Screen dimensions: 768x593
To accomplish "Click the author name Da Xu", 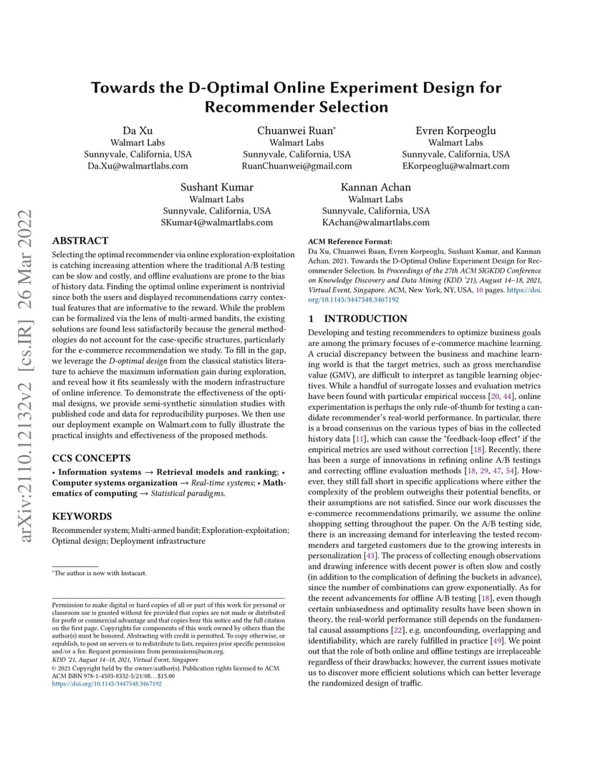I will (x=138, y=130).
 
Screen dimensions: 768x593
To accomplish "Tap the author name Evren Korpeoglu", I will (x=455, y=130).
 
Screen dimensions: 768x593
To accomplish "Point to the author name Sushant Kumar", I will (x=216, y=188).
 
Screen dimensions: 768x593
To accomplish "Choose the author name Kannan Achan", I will (x=376, y=188).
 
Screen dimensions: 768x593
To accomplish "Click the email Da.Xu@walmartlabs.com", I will (x=138, y=166).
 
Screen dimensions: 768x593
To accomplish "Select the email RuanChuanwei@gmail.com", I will (x=296, y=166).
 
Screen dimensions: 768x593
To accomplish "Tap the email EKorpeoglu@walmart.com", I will (x=455, y=166).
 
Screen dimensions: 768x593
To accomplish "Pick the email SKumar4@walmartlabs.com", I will (x=216, y=223).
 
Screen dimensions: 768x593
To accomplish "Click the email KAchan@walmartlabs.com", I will (x=376, y=223).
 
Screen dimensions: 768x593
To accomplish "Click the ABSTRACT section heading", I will (x=80, y=241).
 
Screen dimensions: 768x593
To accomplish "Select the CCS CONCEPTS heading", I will (x=92, y=457).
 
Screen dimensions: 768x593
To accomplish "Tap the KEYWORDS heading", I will (x=82, y=516).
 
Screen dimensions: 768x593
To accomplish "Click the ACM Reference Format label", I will (x=349, y=243).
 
